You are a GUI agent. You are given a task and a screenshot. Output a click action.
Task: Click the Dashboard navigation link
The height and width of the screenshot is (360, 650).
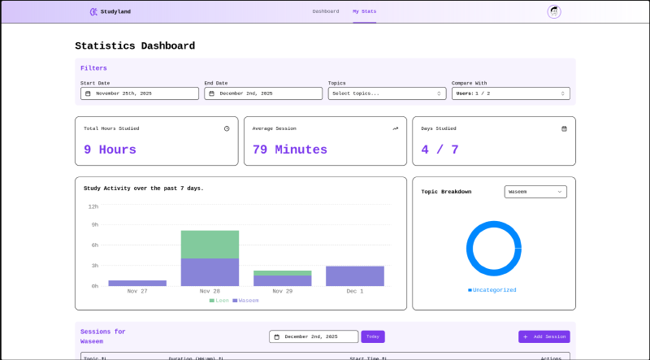[325, 11]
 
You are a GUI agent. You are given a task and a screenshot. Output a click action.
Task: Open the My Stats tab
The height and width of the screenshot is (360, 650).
[364, 11]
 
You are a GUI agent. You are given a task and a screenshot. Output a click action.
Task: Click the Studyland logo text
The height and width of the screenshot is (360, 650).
[115, 11]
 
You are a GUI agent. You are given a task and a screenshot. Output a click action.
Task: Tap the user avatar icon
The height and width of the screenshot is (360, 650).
[554, 11]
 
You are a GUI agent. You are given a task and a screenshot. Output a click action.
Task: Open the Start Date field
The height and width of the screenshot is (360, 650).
[140, 93]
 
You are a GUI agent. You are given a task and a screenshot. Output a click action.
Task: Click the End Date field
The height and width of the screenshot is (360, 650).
[263, 93]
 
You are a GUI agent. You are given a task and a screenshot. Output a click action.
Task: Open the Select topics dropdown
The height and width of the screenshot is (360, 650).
[387, 93]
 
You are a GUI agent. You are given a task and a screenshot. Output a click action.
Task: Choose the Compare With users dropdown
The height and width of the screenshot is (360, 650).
[510, 93]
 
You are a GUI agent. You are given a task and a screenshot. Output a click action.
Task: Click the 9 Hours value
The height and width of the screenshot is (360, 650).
[110, 150]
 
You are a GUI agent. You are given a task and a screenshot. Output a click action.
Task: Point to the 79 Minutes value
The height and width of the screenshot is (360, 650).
[289, 150]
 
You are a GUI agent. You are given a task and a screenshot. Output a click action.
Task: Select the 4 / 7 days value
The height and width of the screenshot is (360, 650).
[440, 150]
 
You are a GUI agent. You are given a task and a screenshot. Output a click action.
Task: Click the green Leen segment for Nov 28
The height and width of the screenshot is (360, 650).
[210, 244]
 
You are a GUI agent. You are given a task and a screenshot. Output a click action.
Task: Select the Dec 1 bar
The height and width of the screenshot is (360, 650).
[355, 275]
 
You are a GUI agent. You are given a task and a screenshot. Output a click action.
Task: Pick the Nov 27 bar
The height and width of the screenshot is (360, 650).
[137, 283]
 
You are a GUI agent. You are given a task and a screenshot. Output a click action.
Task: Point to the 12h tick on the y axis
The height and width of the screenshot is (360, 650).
[93, 206]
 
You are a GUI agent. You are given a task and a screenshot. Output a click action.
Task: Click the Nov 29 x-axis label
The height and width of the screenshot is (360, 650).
[283, 291]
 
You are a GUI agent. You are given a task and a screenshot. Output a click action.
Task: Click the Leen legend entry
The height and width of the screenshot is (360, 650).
[219, 301]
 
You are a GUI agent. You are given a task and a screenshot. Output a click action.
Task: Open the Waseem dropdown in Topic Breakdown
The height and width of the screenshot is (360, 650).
[535, 192]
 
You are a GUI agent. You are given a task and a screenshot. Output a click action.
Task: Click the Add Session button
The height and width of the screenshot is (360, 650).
[544, 336]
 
